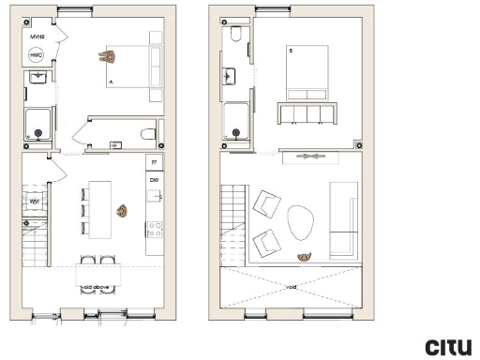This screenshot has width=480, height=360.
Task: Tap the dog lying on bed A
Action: click(x=111, y=58)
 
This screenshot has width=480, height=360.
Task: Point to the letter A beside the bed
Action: click(x=111, y=83)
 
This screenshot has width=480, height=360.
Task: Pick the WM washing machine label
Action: click(x=34, y=201)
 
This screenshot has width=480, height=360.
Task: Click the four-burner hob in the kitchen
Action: click(x=155, y=229)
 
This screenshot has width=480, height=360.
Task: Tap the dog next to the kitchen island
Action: click(x=122, y=209)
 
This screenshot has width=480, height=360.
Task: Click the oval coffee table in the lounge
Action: click(x=300, y=223)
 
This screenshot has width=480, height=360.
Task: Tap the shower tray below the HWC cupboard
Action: click(x=38, y=124)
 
